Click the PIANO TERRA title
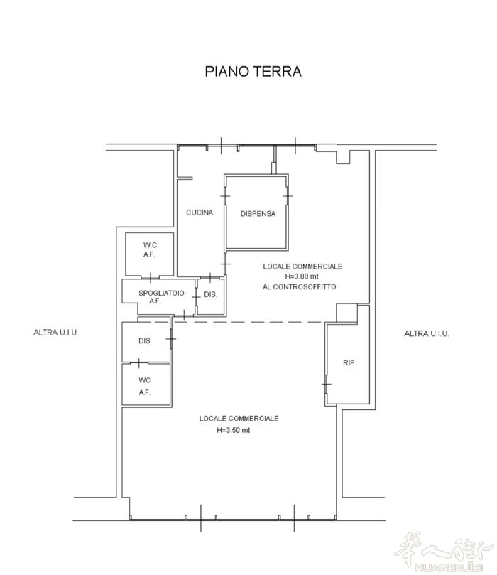(x=253, y=71)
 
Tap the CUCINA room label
(x=200, y=213)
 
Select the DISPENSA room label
(x=258, y=213)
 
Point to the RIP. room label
(x=349, y=362)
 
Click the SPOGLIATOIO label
(x=161, y=293)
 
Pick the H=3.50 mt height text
(x=234, y=430)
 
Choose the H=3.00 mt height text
(x=302, y=276)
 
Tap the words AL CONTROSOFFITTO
(x=299, y=286)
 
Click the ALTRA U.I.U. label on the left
(x=55, y=333)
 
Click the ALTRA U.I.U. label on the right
(x=426, y=333)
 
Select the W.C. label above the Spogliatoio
(x=151, y=245)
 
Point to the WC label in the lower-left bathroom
(x=145, y=380)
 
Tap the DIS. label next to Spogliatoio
(x=210, y=294)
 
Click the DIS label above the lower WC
(x=144, y=340)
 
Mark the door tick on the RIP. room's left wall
(x=327, y=384)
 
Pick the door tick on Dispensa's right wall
(x=288, y=196)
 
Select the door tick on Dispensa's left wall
(x=225, y=196)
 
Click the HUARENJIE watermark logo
(x=444, y=552)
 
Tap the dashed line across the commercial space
(x=248, y=322)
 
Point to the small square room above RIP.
(x=346, y=313)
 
